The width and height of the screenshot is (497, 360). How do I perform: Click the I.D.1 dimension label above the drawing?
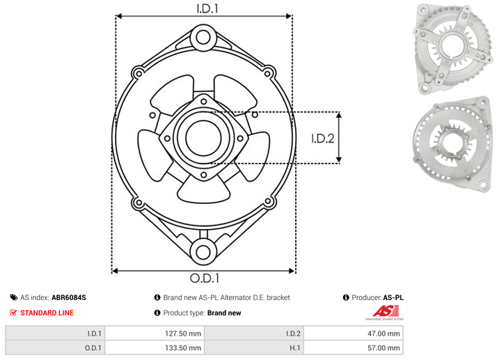coord(207,8)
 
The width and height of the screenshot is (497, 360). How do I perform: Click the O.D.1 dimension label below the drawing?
coord(205,278)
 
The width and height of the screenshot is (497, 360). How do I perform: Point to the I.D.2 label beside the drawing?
coord(323,139)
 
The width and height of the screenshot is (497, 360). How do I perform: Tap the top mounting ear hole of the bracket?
coord(203,38)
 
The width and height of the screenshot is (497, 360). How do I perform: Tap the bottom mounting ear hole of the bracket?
coord(203,252)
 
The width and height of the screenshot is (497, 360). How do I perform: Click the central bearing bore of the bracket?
coord(203,138)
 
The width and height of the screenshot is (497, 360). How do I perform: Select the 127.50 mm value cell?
coord(155,334)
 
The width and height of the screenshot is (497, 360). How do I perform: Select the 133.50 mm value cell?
coord(155,347)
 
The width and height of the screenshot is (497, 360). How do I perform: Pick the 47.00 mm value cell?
coord(354,334)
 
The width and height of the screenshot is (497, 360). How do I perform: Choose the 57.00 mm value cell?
coord(354,347)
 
